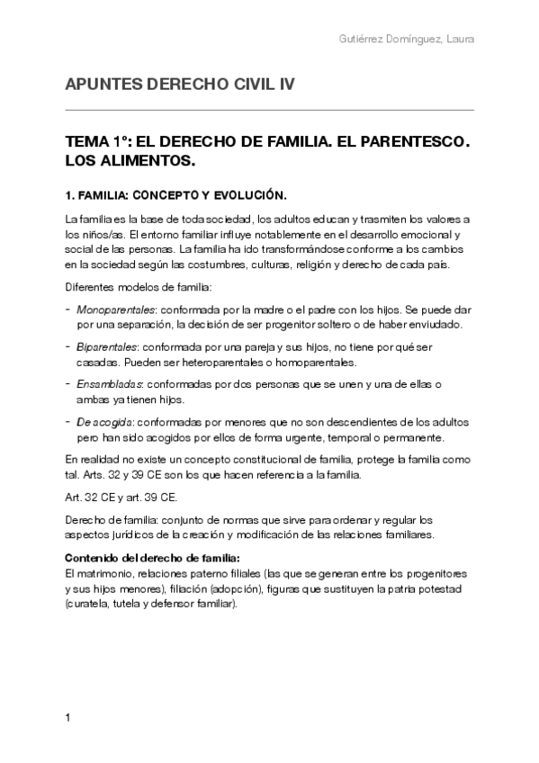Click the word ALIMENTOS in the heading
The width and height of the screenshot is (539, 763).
point(148,163)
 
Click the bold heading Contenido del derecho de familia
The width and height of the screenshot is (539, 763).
point(152,557)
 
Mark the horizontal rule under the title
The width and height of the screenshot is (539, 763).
point(269,110)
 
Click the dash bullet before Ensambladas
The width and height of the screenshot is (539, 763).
point(68,384)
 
